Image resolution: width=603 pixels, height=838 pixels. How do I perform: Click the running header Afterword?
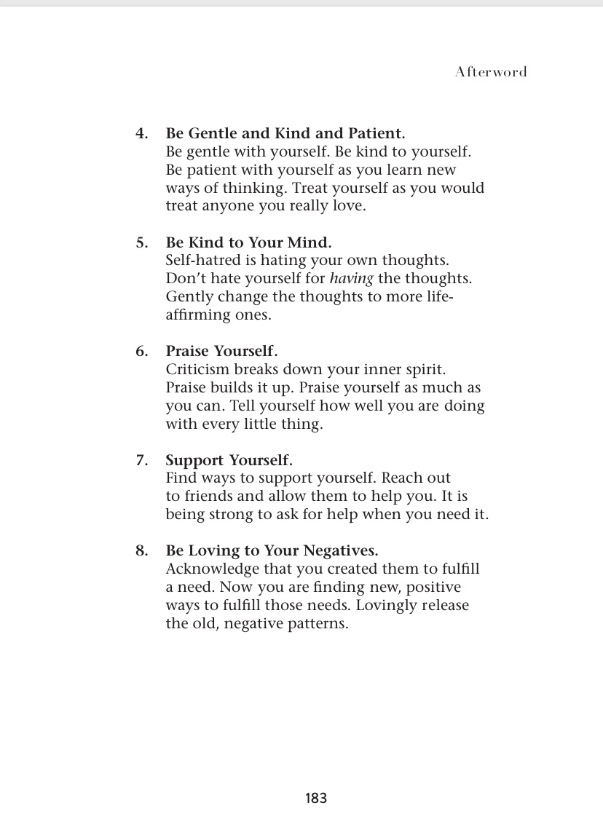click(490, 71)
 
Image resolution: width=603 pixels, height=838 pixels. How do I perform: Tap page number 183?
click(316, 798)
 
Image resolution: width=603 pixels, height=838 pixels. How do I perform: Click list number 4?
click(142, 134)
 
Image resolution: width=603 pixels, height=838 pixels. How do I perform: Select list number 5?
click(142, 242)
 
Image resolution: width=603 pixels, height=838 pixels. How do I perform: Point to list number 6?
click(142, 352)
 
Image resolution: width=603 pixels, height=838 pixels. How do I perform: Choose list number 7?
click(142, 460)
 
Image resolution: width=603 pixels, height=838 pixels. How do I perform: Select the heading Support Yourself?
click(229, 460)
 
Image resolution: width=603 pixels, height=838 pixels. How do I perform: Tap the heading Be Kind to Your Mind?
click(248, 242)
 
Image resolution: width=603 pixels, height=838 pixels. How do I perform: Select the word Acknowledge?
click(212, 569)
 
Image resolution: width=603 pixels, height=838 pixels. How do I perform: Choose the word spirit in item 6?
click(423, 369)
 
